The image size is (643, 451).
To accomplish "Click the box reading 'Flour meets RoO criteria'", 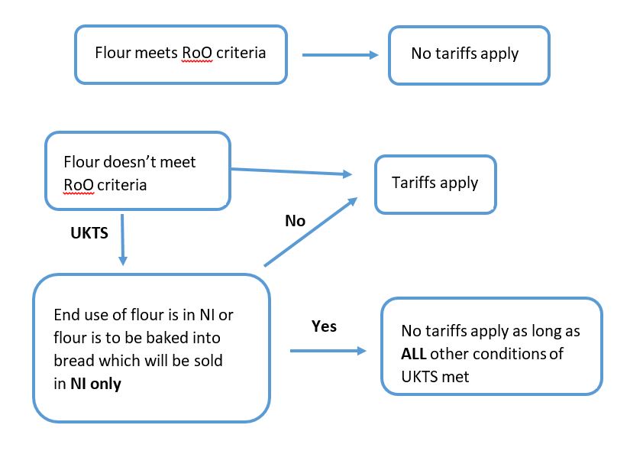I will tap(180, 54).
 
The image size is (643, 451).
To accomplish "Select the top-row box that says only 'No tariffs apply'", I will tap(468, 55).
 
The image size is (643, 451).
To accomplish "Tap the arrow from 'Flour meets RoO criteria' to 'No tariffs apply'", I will tap(341, 55).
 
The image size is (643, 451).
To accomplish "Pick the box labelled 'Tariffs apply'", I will tap(435, 184).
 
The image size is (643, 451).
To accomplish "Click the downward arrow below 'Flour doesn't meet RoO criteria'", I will tap(122, 238).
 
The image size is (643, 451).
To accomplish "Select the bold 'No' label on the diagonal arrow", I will tap(295, 221).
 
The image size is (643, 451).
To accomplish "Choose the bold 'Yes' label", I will tap(324, 326).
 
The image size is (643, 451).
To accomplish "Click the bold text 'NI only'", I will tap(95, 384).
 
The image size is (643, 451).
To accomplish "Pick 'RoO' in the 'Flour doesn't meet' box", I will tap(78, 185).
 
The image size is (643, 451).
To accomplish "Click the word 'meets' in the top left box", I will tap(157, 54).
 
